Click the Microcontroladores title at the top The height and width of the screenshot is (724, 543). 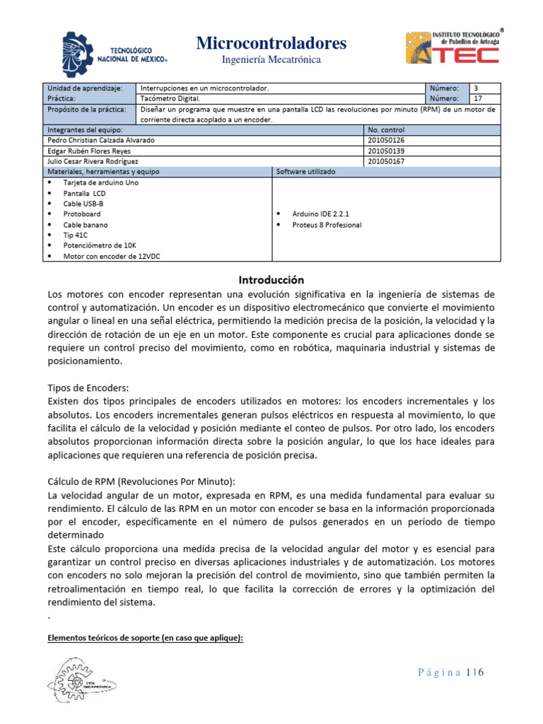[271, 44]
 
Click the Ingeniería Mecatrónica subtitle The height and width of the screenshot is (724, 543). [271, 60]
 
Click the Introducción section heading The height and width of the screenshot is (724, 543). [271, 279]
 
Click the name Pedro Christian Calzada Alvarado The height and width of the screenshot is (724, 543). [100, 140]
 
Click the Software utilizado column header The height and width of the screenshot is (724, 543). [305, 172]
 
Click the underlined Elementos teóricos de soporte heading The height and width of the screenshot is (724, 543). [145, 638]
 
